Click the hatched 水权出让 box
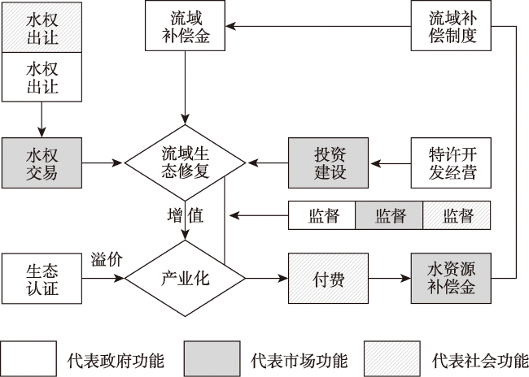(42, 28)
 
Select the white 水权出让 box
(42, 77)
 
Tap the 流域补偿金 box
(186, 26)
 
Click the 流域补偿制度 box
(451, 26)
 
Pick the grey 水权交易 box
(42, 162)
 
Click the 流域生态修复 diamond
(186, 162)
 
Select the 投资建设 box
(328, 162)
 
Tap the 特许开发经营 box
(451, 162)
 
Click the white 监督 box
(321, 215)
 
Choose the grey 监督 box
(389, 215)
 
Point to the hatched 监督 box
(457, 215)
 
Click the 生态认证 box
(42, 279)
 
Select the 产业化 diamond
(186, 279)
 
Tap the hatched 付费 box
(328, 279)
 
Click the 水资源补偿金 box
(451, 279)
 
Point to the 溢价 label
(107, 259)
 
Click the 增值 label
(186, 215)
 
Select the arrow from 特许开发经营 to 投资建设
(391, 164)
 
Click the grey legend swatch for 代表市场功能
(212, 358)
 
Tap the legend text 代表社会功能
(480, 361)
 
